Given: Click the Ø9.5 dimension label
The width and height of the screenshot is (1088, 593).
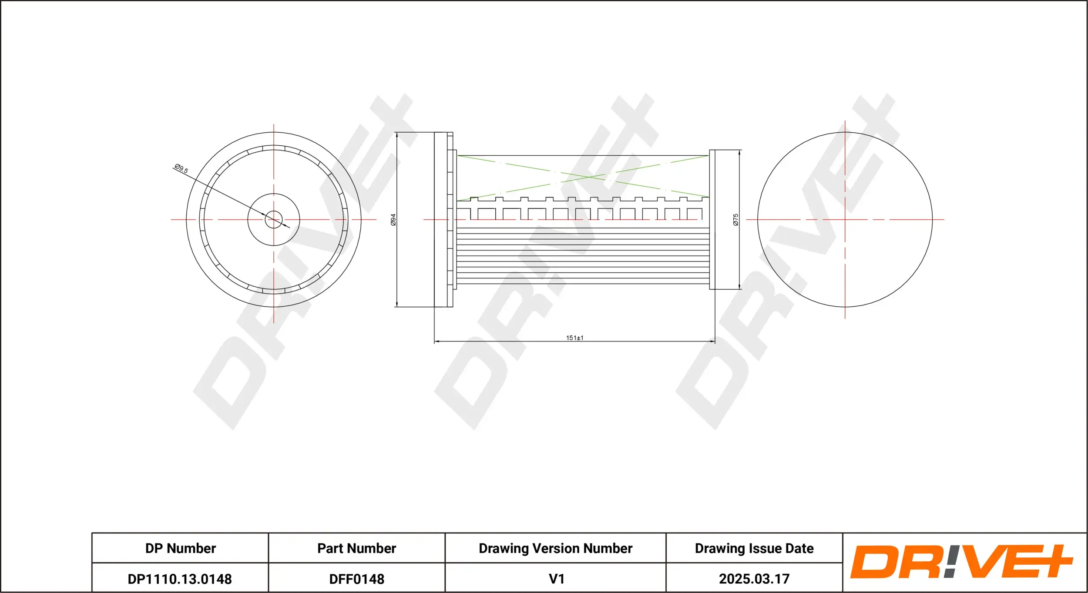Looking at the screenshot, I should tap(181, 168).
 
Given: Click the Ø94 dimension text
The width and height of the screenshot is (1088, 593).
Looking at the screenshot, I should tap(393, 219).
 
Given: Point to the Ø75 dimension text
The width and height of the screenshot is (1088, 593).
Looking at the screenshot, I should tap(735, 219).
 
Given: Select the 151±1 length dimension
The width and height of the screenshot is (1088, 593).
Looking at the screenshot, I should tap(574, 338).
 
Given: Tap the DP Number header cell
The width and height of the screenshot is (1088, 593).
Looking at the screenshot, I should tap(180, 548).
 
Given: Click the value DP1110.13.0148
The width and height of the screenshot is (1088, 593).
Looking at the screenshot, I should tap(180, 579).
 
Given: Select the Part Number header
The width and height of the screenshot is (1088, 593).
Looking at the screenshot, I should tap(356, 548).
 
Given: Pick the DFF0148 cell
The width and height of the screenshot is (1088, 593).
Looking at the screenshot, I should tap(356, 579).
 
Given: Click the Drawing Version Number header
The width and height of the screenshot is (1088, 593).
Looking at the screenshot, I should tap(555, 548).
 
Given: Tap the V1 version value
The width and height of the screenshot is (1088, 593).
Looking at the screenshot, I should tap(556, 579).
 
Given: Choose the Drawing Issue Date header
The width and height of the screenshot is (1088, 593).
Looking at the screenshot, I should tap(754, 548).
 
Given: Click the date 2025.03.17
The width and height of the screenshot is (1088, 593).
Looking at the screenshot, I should tap(754, 579).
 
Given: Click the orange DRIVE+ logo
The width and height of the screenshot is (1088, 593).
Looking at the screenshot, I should tap(962, 562).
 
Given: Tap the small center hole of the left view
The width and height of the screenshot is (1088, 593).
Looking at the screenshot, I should tap(274, 219).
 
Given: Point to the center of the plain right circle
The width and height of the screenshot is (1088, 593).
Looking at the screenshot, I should tap(845, 219).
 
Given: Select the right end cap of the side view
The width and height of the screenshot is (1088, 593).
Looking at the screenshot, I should tap(712, 219).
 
